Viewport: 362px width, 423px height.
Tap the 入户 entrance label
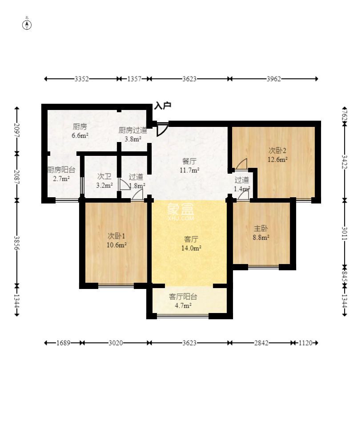pyautogui.click(x=163, y=106)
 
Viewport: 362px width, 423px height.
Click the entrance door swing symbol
pyautogui.click(x=162, y=129)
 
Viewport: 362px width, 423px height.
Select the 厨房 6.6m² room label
pyautogui.click(x=80, y=131)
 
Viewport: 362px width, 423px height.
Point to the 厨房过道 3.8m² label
pyautogui.click(x=133, y=134)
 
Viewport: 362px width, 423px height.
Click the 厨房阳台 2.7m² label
pyautogui.click(x=61, y=174)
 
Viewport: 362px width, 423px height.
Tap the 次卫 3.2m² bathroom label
pyautogui.click(x=105, y=181)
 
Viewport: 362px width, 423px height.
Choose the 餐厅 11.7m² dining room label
pyautogui.click(x=189, y=166)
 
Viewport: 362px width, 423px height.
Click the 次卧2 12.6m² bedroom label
pyautogui.click(x=278, y=155)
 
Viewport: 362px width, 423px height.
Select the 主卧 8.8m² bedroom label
pyautogui.click(x=261, y=233)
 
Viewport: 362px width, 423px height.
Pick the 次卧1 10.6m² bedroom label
pyautogui.click(x=117, y=240)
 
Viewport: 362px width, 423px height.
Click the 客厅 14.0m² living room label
pyautogui.click(x=191, y=243)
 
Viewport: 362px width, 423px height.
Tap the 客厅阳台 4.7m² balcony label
pyautogui.click(x=183, y=301)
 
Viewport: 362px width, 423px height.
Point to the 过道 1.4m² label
pyautogui.click(x=242, y=184)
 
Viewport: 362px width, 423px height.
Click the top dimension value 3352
pyautogui.click(x=82, y=79)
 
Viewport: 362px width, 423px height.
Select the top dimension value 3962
pyautogui.click(x=274, y=79)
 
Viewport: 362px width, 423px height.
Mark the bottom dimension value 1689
pyautogui.click(x=64, y=343)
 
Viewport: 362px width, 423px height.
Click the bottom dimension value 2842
pyautogui.click(x=261, y=343)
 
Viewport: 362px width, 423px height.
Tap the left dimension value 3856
pyautogui.click(x=17, y=243)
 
